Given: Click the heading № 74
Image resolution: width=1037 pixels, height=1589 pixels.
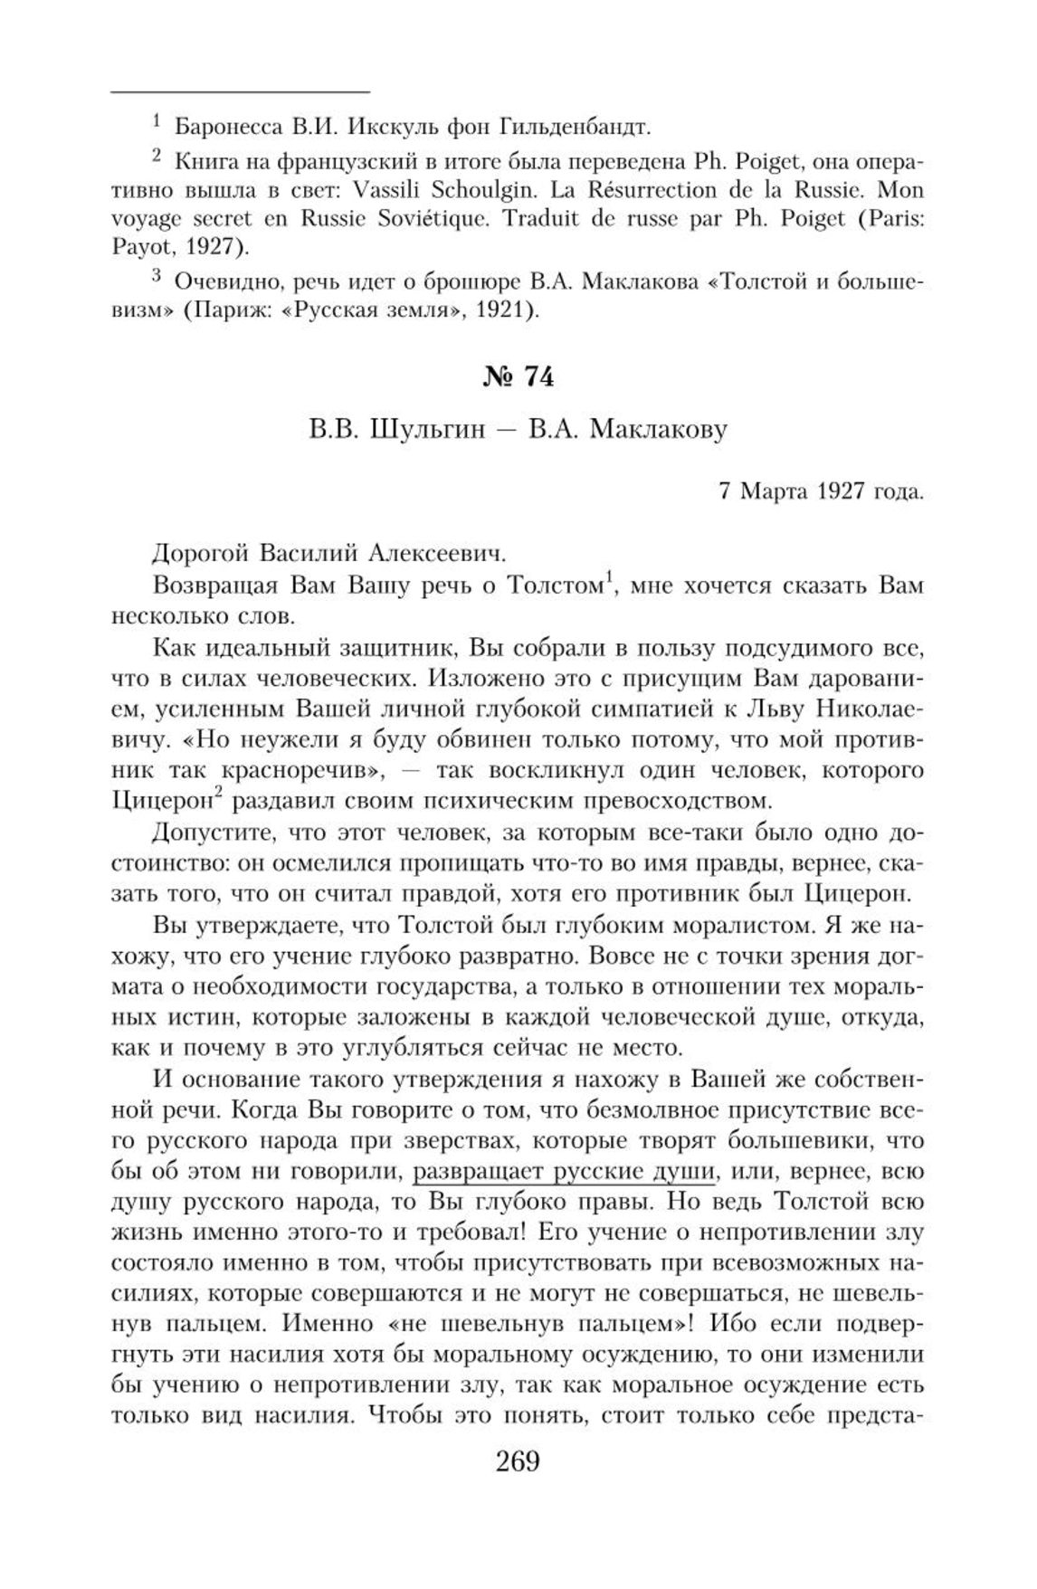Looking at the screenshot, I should coord(518,377).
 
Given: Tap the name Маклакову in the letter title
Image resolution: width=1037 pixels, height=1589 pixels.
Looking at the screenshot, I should coord(659,430).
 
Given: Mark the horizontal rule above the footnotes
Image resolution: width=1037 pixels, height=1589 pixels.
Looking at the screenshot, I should coord(240,91).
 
